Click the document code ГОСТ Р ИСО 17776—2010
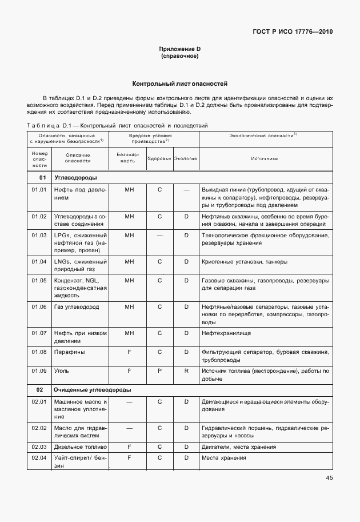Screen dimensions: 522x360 click(293, 32)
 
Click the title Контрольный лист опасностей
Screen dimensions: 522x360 click(180, 83)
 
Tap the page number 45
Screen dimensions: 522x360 click(329, 477)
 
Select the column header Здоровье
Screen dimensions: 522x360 click(159, 158)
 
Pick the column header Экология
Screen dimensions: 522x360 click(186, 158)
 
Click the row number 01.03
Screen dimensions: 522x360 click(39, 235)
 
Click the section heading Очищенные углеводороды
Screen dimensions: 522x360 click(92, 389)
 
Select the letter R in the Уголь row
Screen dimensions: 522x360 click(186, 371)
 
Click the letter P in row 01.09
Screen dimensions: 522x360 click(160, 371)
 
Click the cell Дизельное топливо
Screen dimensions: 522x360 click(80, 447)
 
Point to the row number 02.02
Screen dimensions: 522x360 click(39, 428)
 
